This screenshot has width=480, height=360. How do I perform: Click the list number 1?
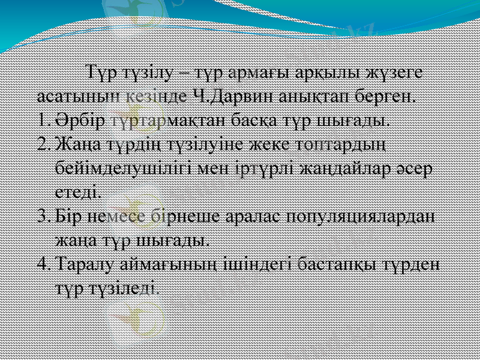pyautogui.click(x=43, y=119)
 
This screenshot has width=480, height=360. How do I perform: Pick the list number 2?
pyautogui.click(x=43, y=144)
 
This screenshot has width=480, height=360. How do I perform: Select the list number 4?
pyautogui.click(x=43, y=263)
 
